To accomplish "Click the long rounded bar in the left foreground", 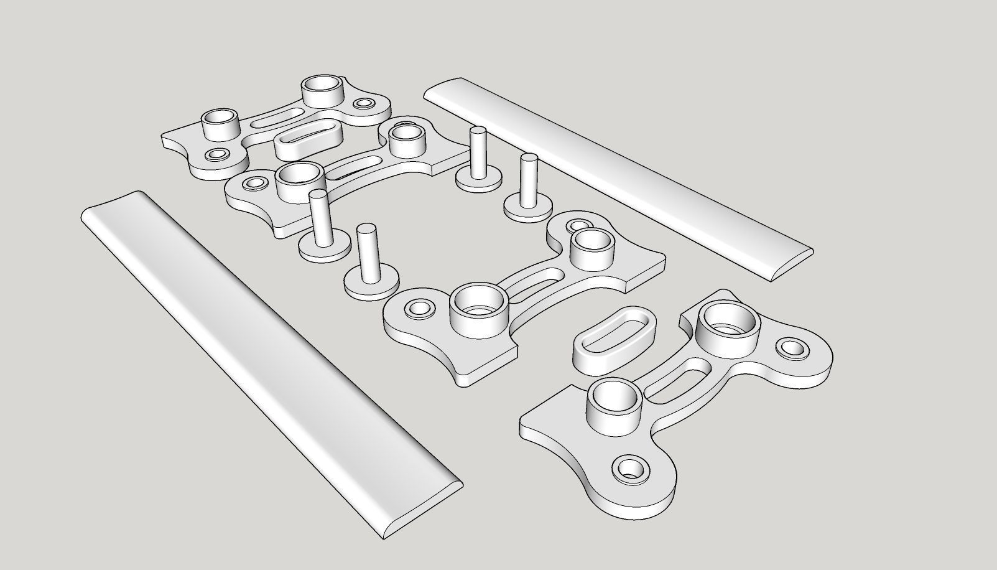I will coord(267,361).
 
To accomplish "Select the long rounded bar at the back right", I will coord(616,174).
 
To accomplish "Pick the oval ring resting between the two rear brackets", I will coord(309,142).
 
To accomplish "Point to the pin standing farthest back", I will coord(478,156).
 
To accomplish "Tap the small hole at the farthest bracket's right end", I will coord(364,103).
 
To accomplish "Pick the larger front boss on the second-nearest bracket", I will coord(479,305).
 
